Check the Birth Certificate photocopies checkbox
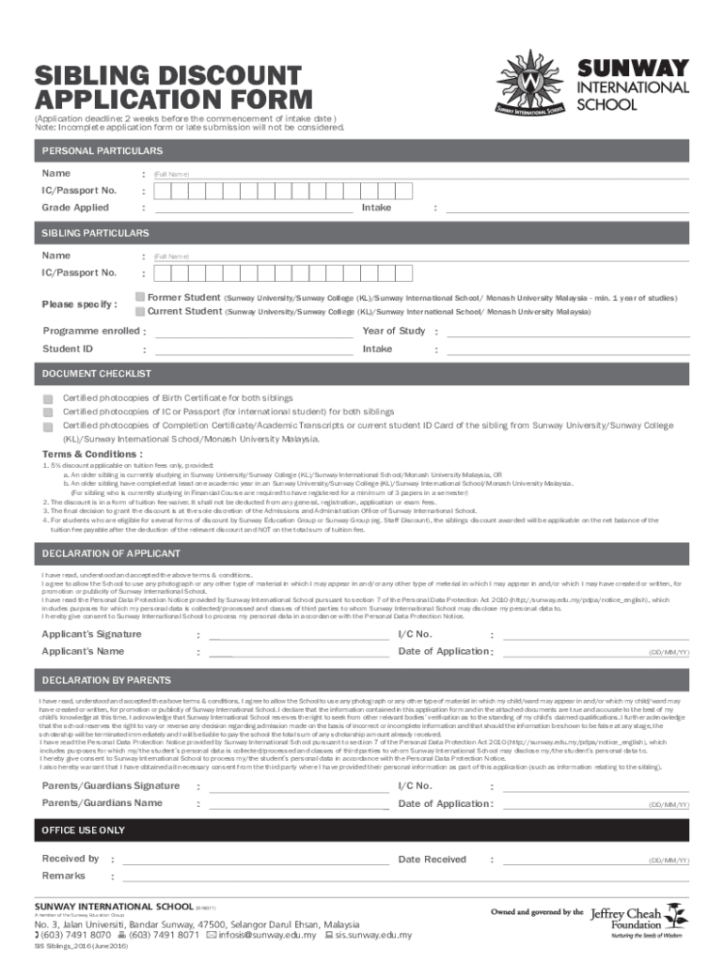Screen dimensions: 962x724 [x=48, y=398]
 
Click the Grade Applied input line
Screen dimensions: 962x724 [x=254, y=209]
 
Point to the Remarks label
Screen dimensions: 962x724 [x=63, y=876]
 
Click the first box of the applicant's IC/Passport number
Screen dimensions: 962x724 [x=164, y=192]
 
